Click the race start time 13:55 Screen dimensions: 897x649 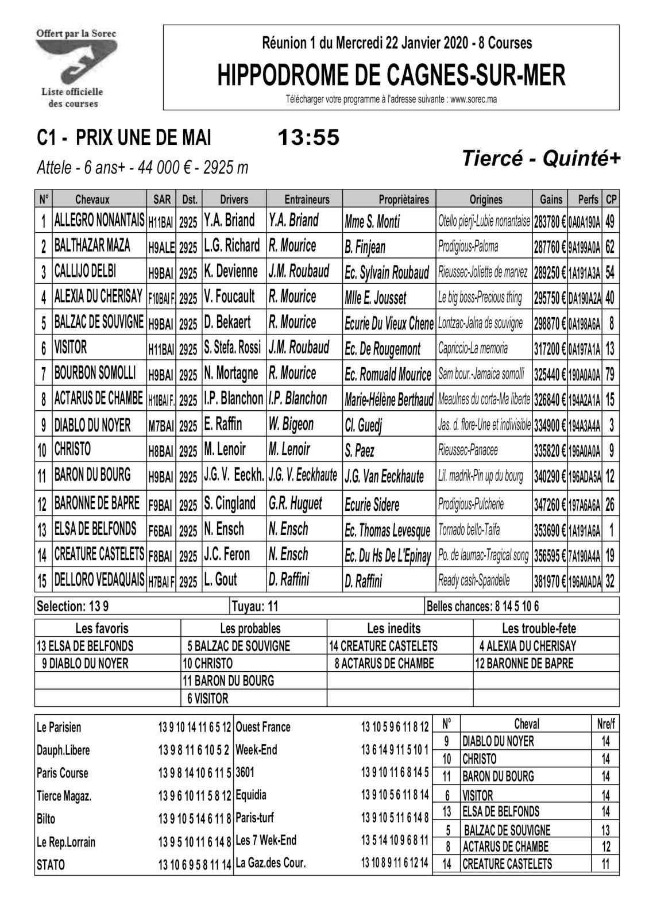coord(308,138)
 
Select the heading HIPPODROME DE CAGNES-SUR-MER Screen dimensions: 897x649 coord(391,75)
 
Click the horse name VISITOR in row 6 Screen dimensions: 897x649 coord(71,348)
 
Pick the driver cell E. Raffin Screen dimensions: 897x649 coord(223,425)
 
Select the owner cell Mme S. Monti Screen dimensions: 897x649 coord(372,221)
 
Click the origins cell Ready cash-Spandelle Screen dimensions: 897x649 coord(474,580)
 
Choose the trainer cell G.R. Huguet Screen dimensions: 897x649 coord(295,504)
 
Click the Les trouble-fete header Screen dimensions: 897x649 coord(546,628)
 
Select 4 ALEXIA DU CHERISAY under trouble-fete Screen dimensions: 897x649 coord(527,646)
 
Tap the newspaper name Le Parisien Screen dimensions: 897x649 coord(59,727)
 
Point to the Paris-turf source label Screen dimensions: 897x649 coord(256,818)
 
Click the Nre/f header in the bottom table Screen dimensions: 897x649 coord(605,725)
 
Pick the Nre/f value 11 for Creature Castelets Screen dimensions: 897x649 coord(605,864)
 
